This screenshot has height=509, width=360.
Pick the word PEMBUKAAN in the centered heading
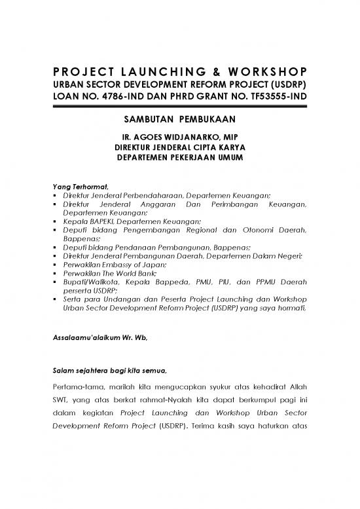[209, 121]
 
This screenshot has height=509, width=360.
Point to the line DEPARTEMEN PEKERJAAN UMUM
[179, 158]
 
